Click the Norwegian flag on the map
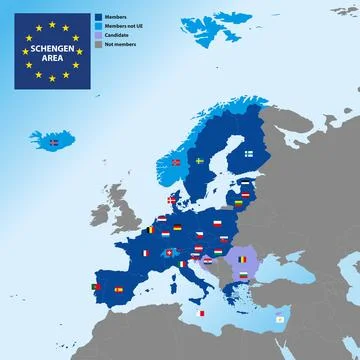177,162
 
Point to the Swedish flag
200,160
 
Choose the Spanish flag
119,290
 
